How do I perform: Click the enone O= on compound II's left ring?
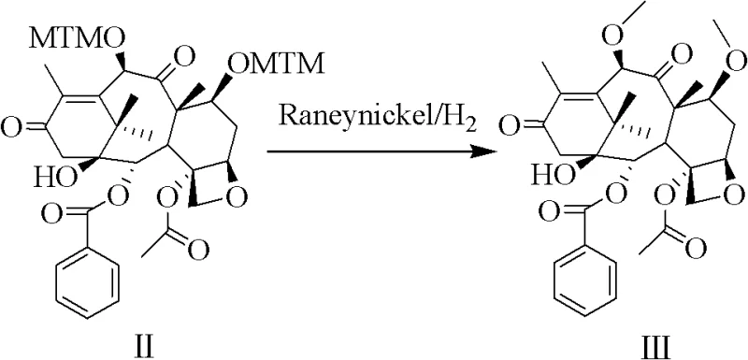click(x=11, y=123)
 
